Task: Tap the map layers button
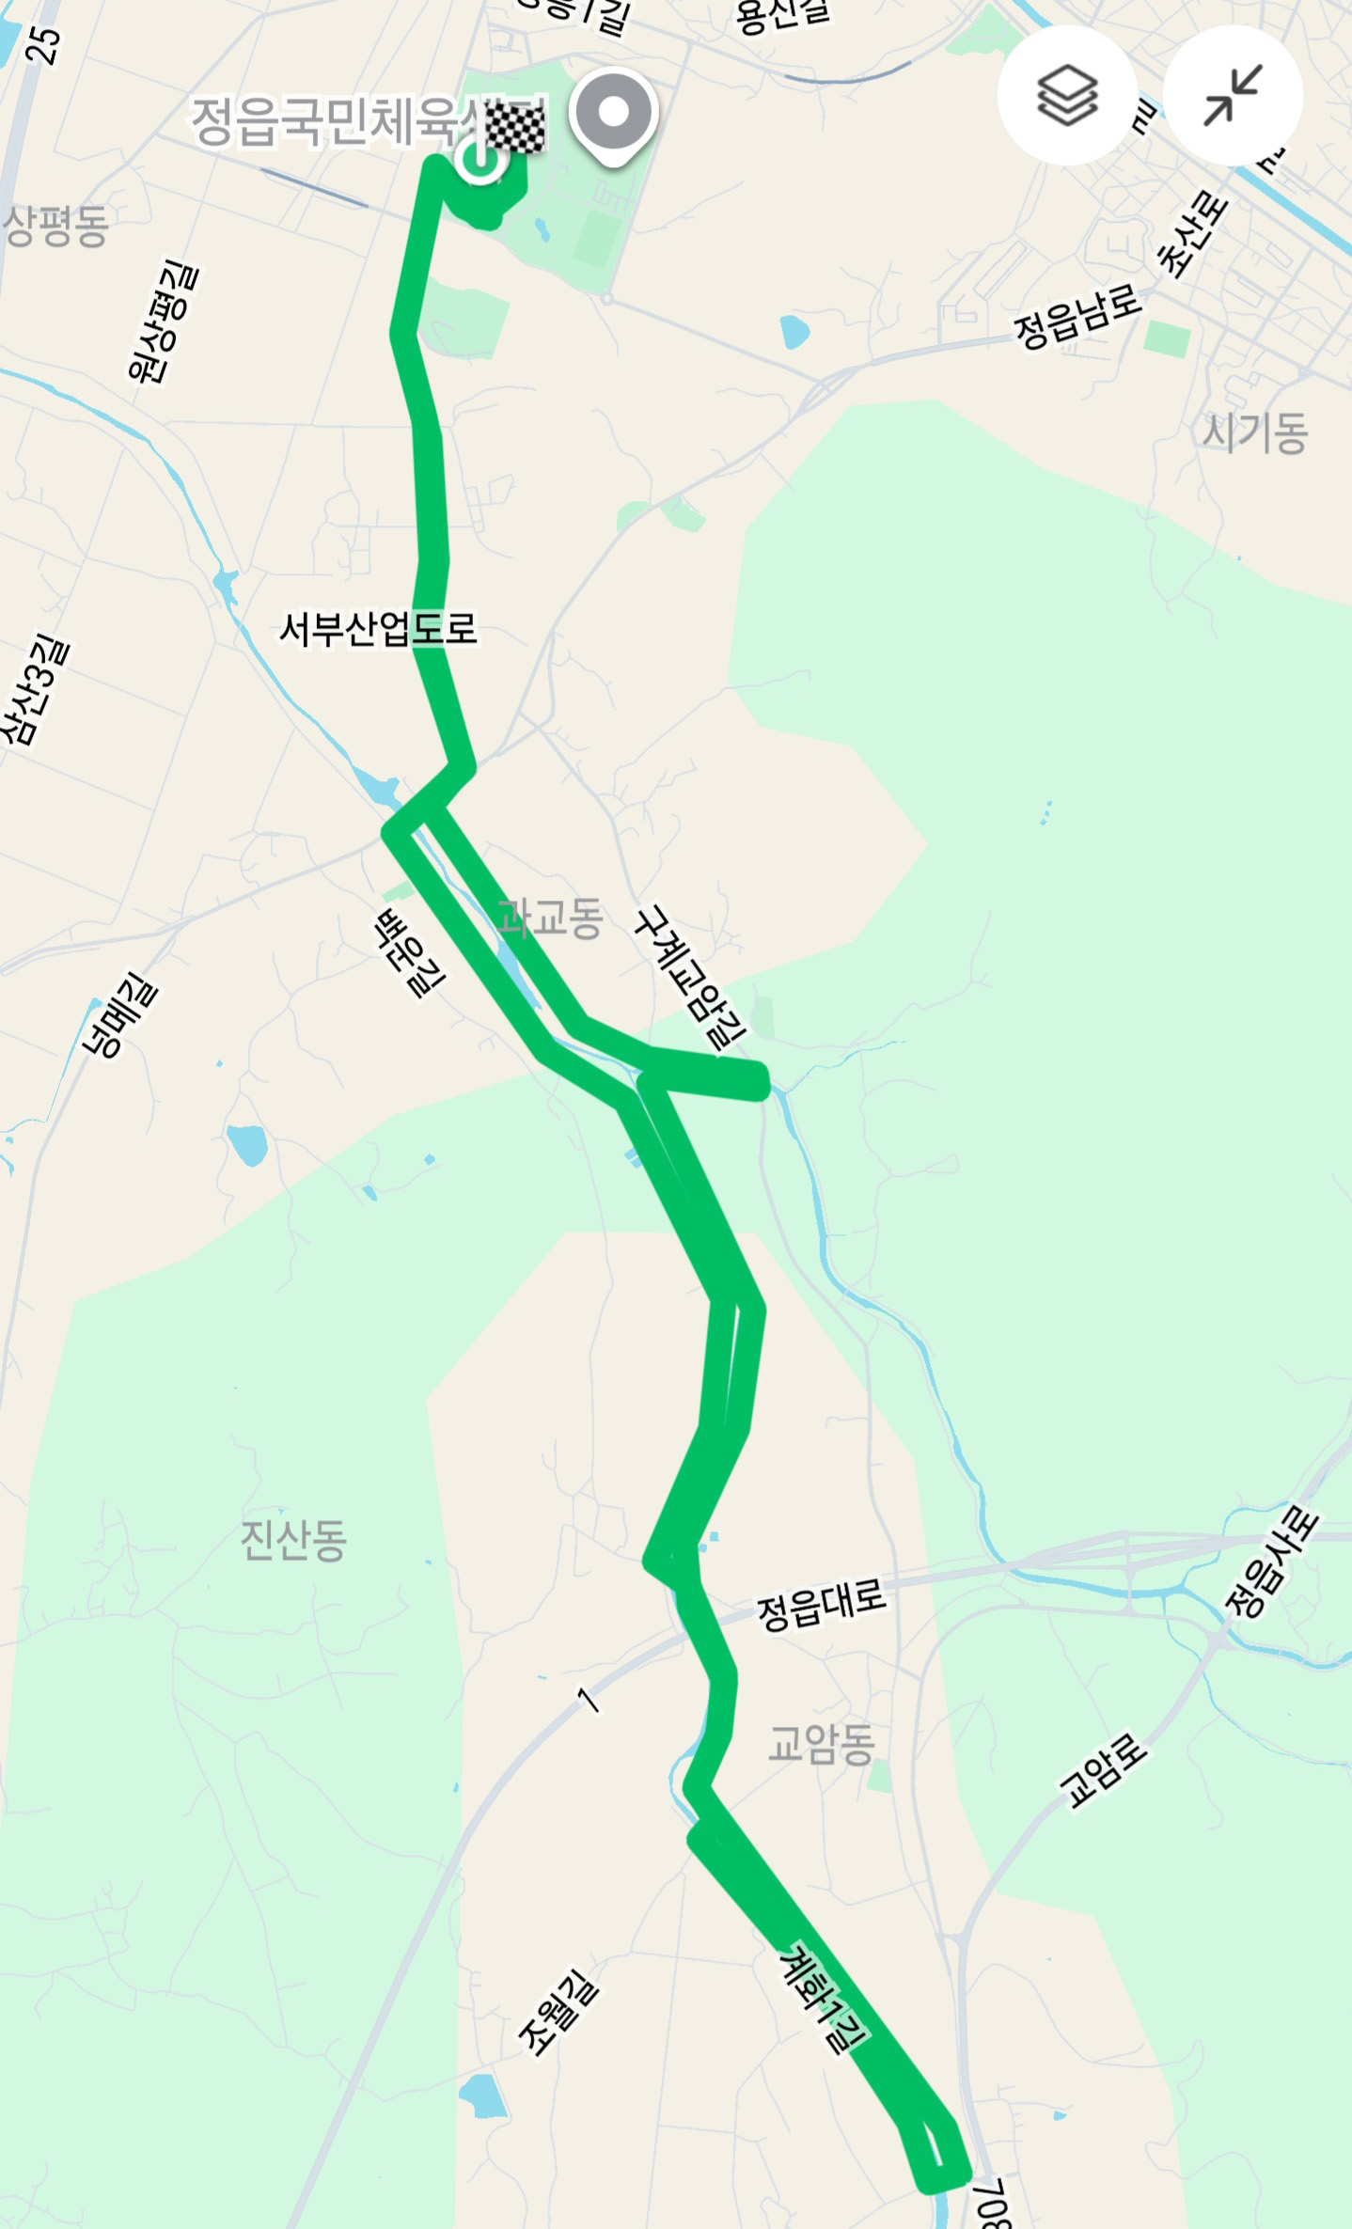(x=1066, y=95)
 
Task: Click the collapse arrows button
(x=1233, y=95)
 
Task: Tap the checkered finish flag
(x=515, y=129)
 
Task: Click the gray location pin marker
(x=613, y=115)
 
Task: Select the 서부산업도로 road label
(x=379, y=629)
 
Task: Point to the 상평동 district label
(x=56, y=227)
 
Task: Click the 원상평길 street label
(x=164, y=322)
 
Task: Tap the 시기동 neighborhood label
(x=1255, y=433)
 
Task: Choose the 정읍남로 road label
(x=1077, y=317)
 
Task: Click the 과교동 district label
(x=550, y=918)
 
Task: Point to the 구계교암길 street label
(x=690, y=978)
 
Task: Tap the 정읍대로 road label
(x=822, y=1606)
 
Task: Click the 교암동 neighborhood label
(x=821, y=1744)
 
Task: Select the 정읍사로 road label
(x=1272, y=1562)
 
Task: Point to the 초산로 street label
(x=1192, y=234)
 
